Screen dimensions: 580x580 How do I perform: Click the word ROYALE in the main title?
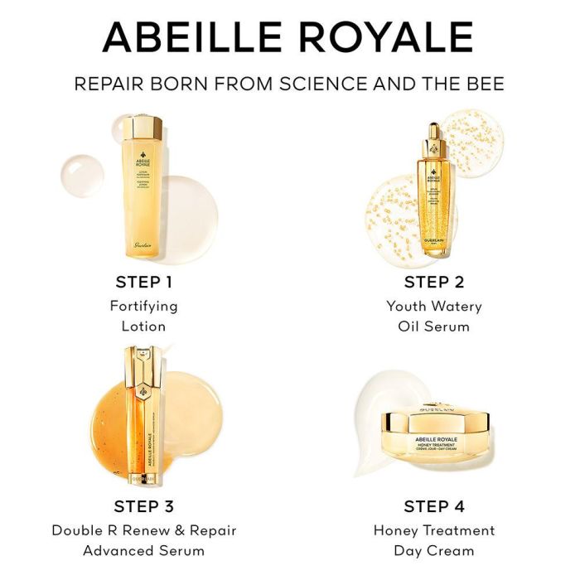coord(393,37)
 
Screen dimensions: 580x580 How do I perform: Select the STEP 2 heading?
coord(433,283)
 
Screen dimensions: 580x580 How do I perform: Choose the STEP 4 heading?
coord(433,506)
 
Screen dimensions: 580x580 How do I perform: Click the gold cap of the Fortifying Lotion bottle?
coord(144,128)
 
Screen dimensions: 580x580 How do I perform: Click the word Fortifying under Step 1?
coord(143,306)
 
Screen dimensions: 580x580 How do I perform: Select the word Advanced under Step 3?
coord(114,550)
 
